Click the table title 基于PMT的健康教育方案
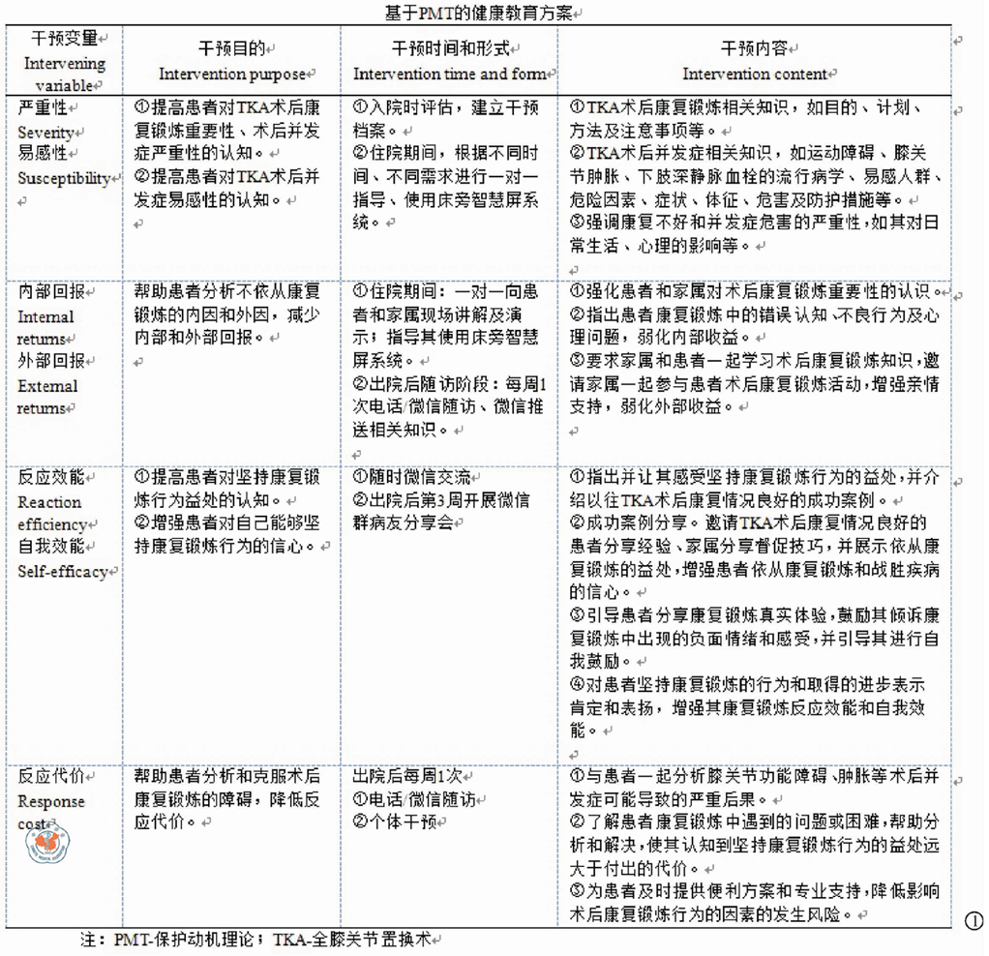click(x=481, y=13)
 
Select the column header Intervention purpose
click(x=231, y=75)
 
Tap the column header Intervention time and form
click(x=448, y=75)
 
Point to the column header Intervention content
click(x=754, y=75)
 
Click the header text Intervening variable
click(x=64, y=74)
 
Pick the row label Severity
click(x=45, y=132)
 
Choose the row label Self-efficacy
click(x=62, y=571)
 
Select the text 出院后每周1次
click(x=406, y=776)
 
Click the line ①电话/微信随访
click(x=413, y=799)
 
